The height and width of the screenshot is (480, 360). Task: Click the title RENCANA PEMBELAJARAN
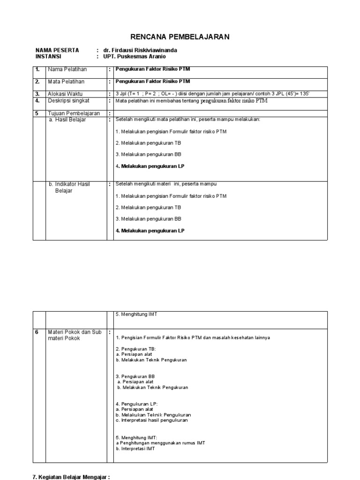(x=180, y=37)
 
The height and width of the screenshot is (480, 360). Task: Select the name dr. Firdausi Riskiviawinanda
(x=140, y=50)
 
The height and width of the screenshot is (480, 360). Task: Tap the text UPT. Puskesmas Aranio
(x=135, y=57)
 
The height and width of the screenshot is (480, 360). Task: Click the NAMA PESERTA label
(x=57, y=50)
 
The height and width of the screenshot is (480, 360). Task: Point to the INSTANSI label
(x=48, y=57)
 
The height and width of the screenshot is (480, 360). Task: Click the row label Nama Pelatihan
(x=67, y=69)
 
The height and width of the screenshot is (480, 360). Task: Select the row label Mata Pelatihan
(x=66, y=82)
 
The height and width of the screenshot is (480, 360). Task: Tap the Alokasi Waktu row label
(x=66, y=94)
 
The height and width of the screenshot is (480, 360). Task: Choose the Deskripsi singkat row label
(x=68, y=100)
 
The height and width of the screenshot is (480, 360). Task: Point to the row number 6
(x=37, y=332)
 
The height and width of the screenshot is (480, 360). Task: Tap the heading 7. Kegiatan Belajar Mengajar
(x=71, y=477)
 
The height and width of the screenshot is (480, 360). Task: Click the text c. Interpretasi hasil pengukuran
(x=151, y=420)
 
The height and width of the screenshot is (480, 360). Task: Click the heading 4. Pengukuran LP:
(x=136, y=404)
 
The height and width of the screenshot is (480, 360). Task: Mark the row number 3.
(x=37, y=94)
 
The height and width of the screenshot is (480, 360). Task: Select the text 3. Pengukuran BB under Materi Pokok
(x=135, y=376)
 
